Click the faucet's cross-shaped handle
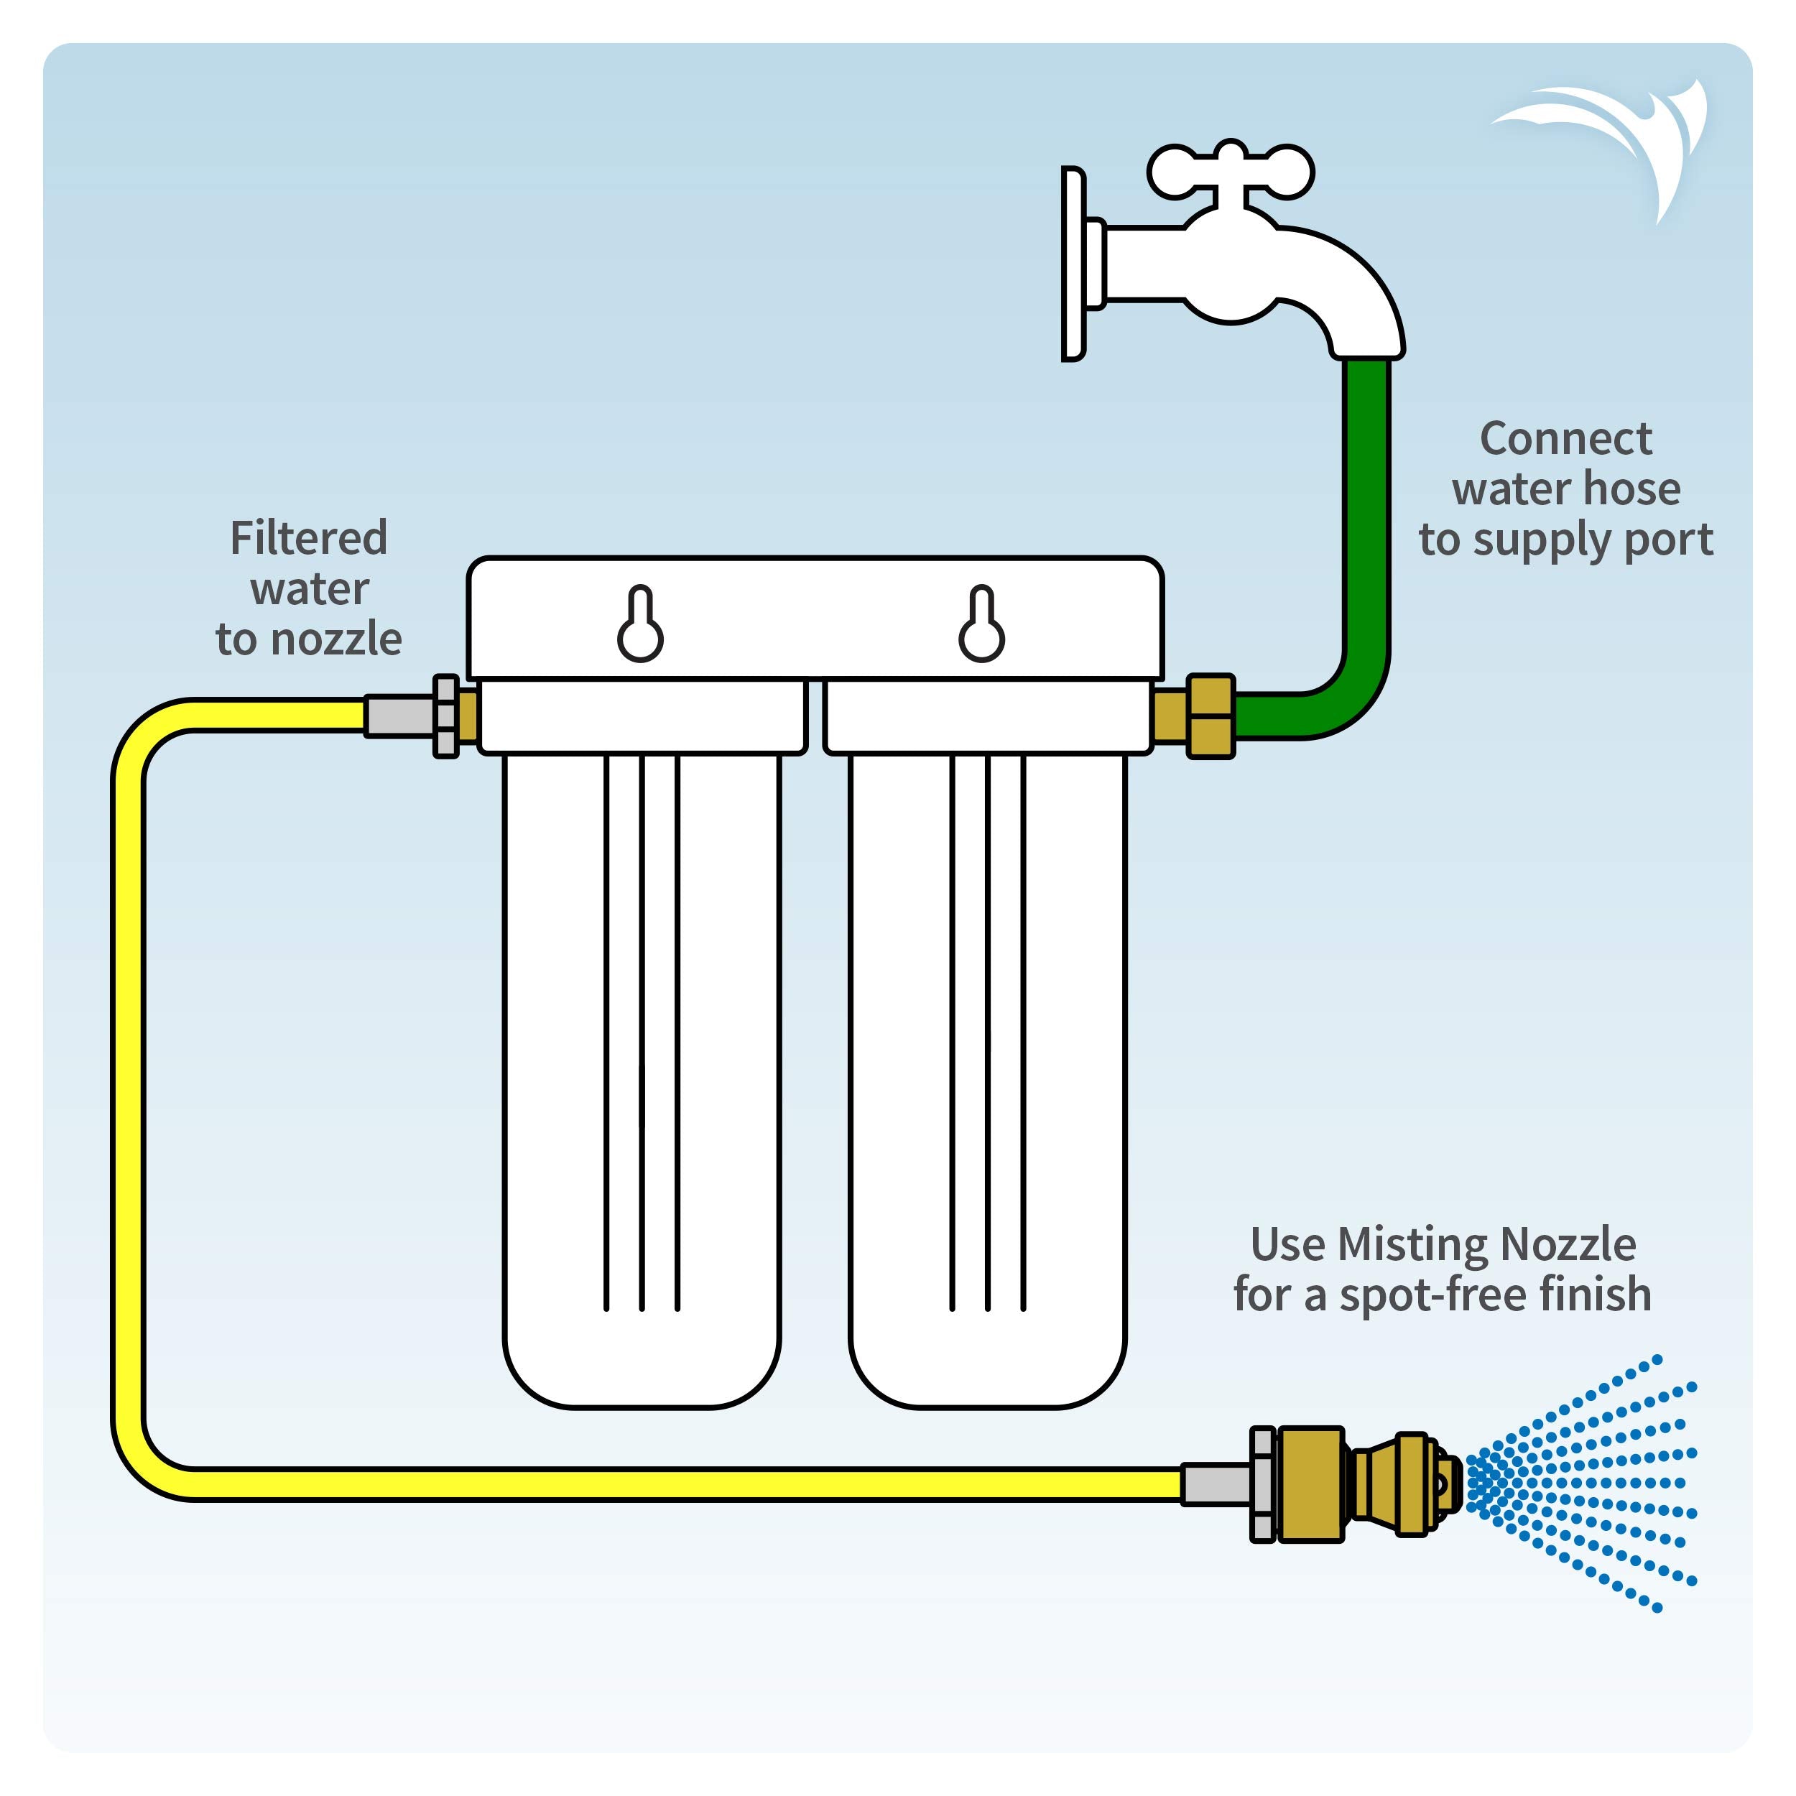pos(1230,172)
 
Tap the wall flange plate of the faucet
pos(1073,264)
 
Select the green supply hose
pos(1366,521)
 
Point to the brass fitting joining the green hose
pos(1211,716)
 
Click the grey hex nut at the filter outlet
pos(446,716)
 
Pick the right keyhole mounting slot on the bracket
pos(981,625)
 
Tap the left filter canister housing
pos(642,1069)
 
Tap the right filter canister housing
pos(987,1069)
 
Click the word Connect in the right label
pos(1565,439)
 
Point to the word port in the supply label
pos(1670,541)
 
